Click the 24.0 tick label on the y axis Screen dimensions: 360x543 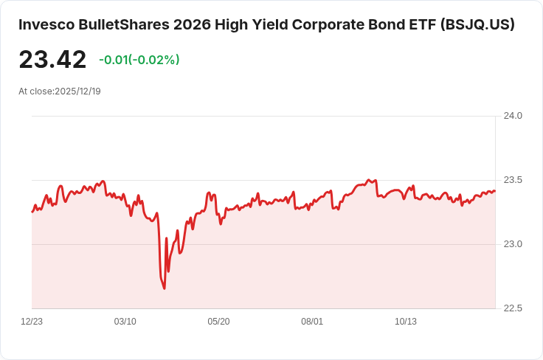click(513, 116)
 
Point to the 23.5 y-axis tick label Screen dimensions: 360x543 click(513, 180)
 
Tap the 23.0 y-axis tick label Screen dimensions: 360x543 click(513, 244)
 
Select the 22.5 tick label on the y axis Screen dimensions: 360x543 click(513, 308)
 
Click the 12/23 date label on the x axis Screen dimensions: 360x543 click(32, 322)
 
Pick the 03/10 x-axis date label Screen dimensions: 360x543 click(125, 322)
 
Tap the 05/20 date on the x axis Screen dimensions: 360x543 click(219, 322)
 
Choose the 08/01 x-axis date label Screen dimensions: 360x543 click(313, 322)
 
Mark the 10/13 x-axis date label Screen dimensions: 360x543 click(406, 322)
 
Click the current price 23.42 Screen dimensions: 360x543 click(52, 60)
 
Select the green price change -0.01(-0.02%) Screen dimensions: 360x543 click(139, 60)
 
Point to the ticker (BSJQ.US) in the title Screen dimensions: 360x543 click(477, 24)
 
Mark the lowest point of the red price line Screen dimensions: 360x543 click(164, 288)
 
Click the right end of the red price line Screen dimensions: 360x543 click(495, 190)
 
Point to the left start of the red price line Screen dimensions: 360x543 click(32, 212)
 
